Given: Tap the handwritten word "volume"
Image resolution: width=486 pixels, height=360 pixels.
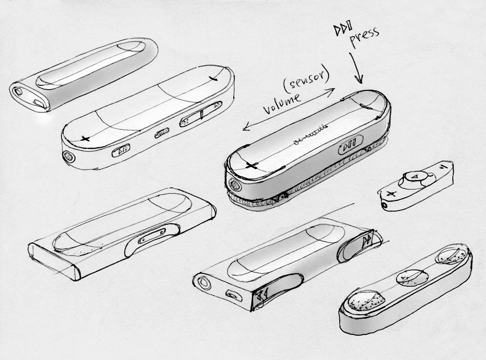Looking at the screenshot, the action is click(x=282, y=103).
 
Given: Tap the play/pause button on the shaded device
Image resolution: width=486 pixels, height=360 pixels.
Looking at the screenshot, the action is click(x=351, y=145).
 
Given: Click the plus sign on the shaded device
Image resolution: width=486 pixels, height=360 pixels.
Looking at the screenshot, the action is click(x=252, y=165).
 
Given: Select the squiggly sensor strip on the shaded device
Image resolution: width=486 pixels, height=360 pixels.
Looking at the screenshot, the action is click(x=311, y=135).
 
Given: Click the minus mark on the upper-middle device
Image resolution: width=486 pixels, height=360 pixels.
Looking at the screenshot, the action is click(x=213, y=78).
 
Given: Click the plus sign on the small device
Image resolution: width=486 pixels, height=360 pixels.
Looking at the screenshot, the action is click(x=391, y=194).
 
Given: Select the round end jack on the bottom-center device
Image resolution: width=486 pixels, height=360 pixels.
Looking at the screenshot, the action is click(x=205, y=283).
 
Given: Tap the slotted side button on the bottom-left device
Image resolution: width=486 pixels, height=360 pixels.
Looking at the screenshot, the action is click(x=151, y=236).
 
